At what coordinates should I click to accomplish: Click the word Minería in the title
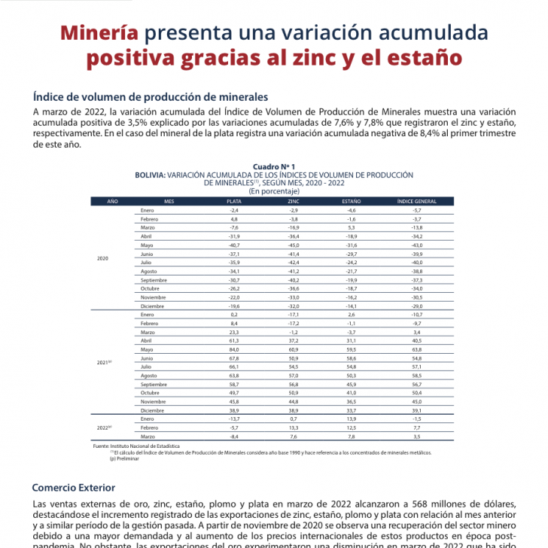tap(99, 34)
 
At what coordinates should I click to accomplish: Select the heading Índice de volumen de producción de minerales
tap(151, 97)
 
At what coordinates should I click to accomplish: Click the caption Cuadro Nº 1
tap(273, 165)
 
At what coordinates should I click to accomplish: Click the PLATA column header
tap(234, 202)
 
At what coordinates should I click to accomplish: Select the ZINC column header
tap(293, 202)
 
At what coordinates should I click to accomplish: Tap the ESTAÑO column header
tap(351, 202)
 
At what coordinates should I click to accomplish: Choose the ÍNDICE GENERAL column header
tap(416, 202)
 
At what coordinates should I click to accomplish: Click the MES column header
tap(169, 202)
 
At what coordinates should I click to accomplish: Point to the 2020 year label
tap(103, 258)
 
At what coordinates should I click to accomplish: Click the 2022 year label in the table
tap(104, 427)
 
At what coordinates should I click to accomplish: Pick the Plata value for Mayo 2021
tap(234, 349)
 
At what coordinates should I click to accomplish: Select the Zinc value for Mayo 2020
tap(293, 245)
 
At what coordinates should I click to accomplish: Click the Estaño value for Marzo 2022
tap(351, 437)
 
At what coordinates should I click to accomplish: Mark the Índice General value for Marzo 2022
tap(416, 437)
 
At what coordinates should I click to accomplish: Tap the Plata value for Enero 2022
tap(234, 417)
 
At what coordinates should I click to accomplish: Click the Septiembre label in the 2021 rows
tap(154, 384)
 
